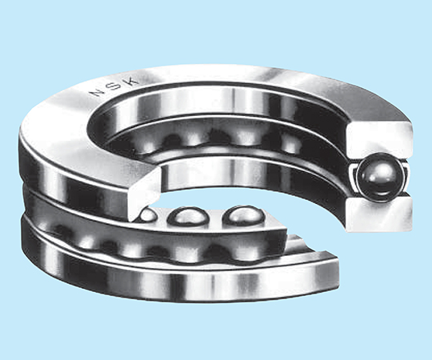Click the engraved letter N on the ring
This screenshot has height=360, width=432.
point(98,92)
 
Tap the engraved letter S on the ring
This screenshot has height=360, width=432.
point(115,86)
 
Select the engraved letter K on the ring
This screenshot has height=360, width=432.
point(132,80)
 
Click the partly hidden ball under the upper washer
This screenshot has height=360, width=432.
point(148,215)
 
